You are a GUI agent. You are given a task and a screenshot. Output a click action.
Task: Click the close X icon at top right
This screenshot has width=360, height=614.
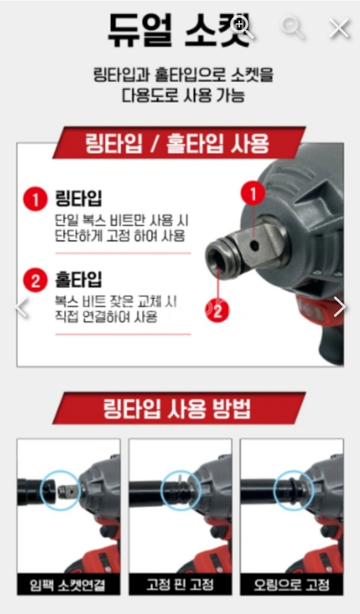[339, 28]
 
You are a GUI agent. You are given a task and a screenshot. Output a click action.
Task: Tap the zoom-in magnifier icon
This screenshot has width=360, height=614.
[242, 26]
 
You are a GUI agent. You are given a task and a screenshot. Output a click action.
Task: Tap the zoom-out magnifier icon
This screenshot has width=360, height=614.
[293, 27]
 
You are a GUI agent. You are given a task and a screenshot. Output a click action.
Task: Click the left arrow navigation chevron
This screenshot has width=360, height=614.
[22, 307]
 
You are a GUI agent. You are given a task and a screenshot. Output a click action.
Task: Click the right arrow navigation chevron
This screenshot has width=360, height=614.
[339, 306]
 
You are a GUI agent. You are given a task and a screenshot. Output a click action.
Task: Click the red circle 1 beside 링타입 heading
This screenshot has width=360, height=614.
[35, 200]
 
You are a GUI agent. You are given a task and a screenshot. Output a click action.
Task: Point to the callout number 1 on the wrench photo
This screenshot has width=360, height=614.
[253, 194]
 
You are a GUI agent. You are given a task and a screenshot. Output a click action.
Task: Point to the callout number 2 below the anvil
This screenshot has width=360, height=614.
[218, 311]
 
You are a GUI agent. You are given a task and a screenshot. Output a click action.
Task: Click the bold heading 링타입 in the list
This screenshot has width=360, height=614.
[78, 198]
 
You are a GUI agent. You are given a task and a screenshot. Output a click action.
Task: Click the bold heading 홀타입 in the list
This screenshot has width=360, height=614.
[78, 279]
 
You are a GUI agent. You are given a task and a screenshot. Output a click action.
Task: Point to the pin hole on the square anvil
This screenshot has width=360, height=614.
[255, 245]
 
